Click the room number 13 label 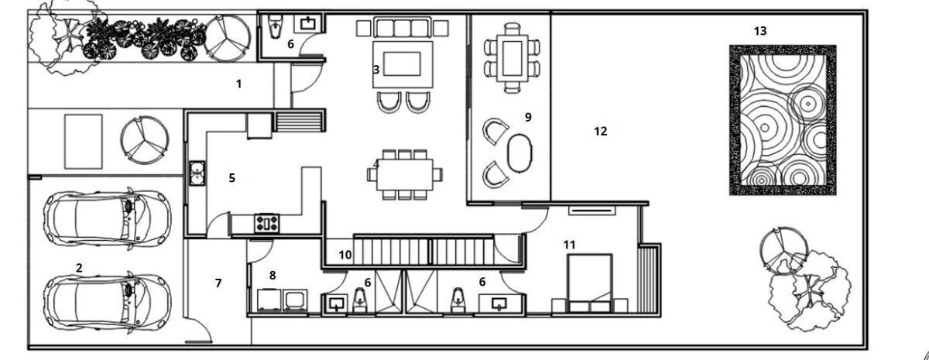tap(760, 31)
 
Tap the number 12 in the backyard tap(601, 132)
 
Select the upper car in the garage tap(108, 218)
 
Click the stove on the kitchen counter tap(266, 223)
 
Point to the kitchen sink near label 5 tap(197, 173)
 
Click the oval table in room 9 tap(519, 153)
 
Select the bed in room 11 tap(589, 283)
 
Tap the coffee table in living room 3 tap(402, 63)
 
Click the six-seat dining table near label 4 tap(405, 175)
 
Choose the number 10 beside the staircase tap(345, 255)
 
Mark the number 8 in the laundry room tap(272, 276)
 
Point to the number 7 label tap(218, 283)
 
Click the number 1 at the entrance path tap(238, 84)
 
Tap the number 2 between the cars tap(79, 268)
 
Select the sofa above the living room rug tap(402, 27)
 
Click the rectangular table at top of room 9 tap(512, 58)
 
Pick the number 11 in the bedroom tap(570, 245)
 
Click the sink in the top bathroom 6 tap(308, 23)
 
